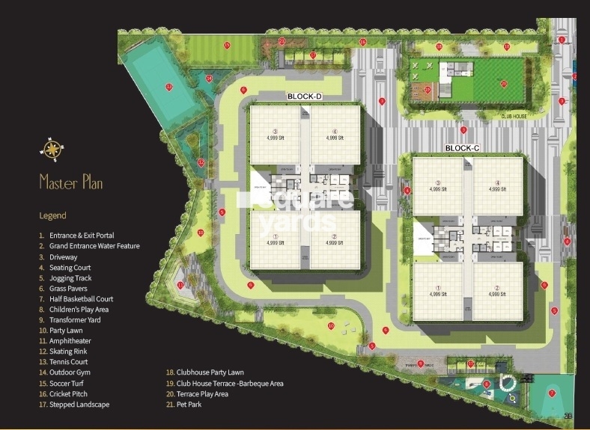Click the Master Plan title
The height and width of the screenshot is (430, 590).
[70, 182]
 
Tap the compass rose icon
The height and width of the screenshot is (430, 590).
[52, 151]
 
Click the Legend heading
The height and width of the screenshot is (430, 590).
[52, 215]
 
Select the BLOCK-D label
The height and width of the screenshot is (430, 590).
[304, 97]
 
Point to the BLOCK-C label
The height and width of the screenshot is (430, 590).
[461, 148]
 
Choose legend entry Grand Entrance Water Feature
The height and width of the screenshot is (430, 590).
[89, 246]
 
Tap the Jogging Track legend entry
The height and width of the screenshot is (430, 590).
[70, 277]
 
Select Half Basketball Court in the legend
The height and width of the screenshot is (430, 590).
[81, 298]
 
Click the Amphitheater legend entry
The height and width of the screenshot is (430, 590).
[68, 340]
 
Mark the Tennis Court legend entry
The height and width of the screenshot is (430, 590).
[68, 361]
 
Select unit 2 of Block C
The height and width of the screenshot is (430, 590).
[496, 291]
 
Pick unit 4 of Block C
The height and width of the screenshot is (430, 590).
[496, 185]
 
